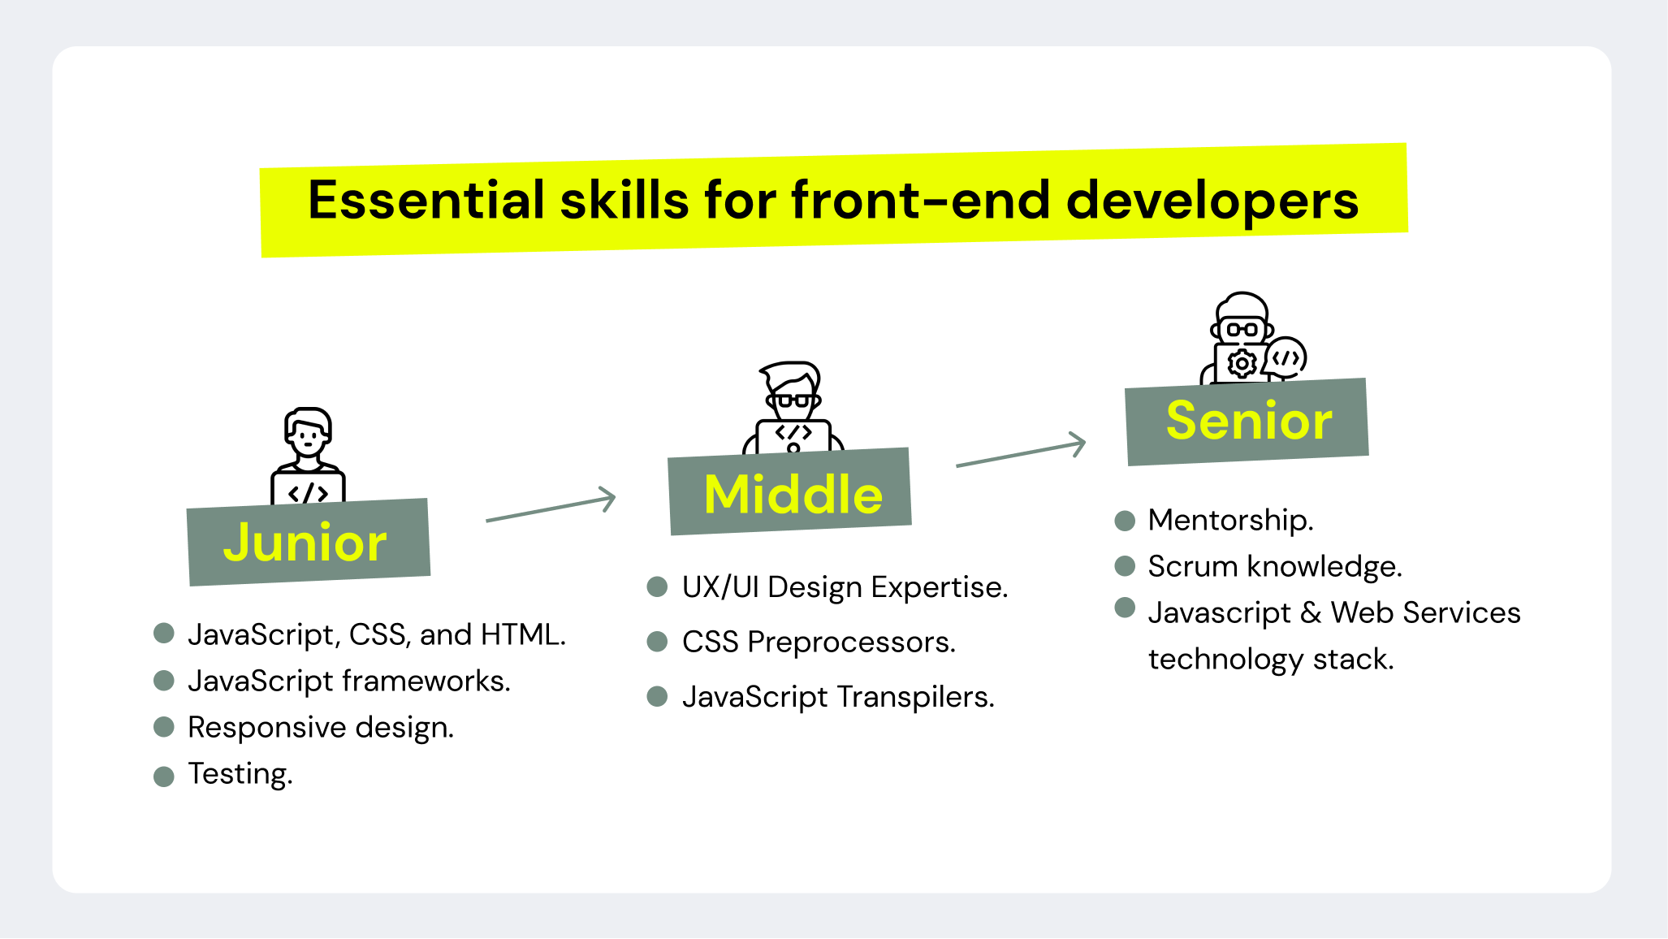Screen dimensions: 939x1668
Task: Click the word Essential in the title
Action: click(426, 201)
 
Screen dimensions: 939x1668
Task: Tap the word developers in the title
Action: click(1212, 201)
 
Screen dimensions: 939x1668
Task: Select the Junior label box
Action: click(308, 542)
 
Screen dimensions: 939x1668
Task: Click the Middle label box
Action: click(790, 492)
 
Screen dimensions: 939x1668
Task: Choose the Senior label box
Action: click(1247, 421)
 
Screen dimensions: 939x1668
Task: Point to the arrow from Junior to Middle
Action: click(551, 508)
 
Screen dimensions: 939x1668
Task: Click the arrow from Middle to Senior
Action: click(1022, 452)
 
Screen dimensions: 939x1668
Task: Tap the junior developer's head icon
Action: click(308, 434)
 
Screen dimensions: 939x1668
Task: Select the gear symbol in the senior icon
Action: click(1242, 364)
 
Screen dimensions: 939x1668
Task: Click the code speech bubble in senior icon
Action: click(1286, 358)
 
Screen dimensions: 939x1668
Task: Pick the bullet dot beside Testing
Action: click(164, 777)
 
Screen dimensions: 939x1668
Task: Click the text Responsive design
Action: click(321, 727)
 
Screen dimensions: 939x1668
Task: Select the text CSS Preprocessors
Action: click(819, 642)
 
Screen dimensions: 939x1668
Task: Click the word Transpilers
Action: click(915, 697)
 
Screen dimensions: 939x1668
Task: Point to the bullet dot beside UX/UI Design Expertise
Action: click(657, 586)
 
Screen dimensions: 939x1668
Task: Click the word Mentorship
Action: click(1230, 520)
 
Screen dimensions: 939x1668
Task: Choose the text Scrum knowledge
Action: click(1275, 566)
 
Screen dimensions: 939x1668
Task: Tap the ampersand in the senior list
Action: click(1310, 612)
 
